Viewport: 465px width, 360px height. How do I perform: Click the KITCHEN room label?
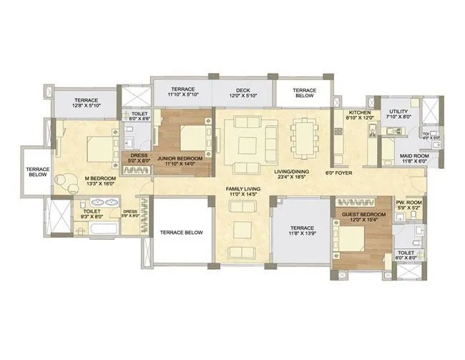click(x=358, y=113)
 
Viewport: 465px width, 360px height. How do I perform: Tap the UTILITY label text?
click(x=398, y=112)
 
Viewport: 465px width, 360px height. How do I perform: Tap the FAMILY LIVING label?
click(x=243, y=188)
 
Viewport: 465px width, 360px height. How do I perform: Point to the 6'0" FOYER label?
click(x=339, y=172)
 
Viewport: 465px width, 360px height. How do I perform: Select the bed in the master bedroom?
click(x=98, y=150)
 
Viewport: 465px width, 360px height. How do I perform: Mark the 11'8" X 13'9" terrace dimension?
click(x=301, y=233)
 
